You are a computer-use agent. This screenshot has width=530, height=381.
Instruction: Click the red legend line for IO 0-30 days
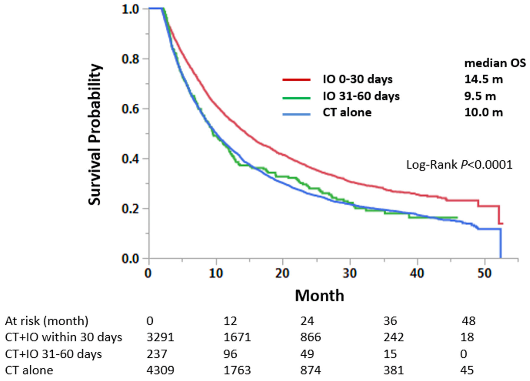[296, 80]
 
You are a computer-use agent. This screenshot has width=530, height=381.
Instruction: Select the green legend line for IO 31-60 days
[296, 98]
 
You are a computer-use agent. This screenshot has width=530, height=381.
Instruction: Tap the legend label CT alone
[347, 113]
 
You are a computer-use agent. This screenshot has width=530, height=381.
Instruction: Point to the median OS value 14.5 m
[483, 79]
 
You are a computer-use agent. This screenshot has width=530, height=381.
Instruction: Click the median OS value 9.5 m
[480, 96]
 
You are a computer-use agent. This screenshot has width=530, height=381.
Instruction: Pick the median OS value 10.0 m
[483, 113]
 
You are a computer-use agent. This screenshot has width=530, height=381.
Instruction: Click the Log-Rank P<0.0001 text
[459, 165]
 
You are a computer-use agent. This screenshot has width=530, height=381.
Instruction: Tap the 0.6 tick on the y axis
[131, 109]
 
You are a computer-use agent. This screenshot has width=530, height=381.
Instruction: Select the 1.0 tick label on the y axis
[131, 9]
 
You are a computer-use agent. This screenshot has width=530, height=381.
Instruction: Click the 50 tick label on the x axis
[484, 273]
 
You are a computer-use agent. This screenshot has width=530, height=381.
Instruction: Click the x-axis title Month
[319, 296]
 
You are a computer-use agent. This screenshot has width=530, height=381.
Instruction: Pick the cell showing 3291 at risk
[160, 337]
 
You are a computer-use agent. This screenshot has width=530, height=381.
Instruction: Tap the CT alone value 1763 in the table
[237, 370]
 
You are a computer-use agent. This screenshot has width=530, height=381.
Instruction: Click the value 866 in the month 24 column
[310, 337]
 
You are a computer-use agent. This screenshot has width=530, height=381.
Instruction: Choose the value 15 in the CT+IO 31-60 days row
[390, 354]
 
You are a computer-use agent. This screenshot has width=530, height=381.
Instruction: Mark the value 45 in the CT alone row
[467, 370]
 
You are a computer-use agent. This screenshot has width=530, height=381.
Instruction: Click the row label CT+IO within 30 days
[63, 337]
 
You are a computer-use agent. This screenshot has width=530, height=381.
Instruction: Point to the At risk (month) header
[47, 321]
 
